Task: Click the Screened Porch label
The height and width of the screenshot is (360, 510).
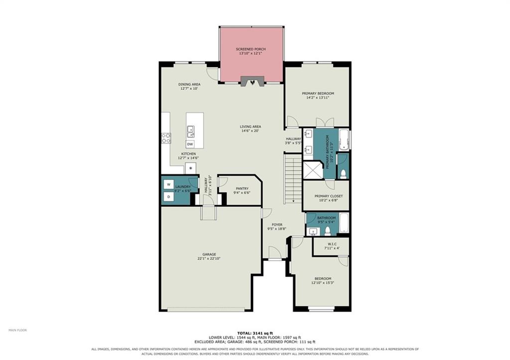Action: coord(251,49)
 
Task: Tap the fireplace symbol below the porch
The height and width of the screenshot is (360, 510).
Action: coord(252,82)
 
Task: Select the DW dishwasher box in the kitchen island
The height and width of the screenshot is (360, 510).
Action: coord(190,144)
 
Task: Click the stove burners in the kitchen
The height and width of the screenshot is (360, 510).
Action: coord(166,138)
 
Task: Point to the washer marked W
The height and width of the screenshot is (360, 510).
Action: coord(168,184)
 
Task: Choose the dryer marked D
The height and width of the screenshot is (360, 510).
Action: coord(168,197)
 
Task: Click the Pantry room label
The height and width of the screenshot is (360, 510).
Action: coord(242,189)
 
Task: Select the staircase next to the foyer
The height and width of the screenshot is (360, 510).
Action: coord(293,179)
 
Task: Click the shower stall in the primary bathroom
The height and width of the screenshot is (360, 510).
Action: coord(313,169)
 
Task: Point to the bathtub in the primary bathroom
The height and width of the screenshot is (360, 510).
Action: coord(344,140)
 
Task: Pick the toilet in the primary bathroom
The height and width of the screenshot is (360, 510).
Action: coord(343,173)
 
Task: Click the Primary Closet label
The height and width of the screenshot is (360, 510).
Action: coord(329,196)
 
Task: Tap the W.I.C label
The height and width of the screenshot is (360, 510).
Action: coord(332,244)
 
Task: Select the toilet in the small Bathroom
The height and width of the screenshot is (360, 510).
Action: coord(328,231)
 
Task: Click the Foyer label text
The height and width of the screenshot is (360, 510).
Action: coord(277,225)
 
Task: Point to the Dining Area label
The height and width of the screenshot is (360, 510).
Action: coord(189,84)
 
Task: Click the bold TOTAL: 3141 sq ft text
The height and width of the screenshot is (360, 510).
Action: coord(255,333)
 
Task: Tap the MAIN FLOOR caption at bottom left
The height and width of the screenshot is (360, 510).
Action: coord(17,330)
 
